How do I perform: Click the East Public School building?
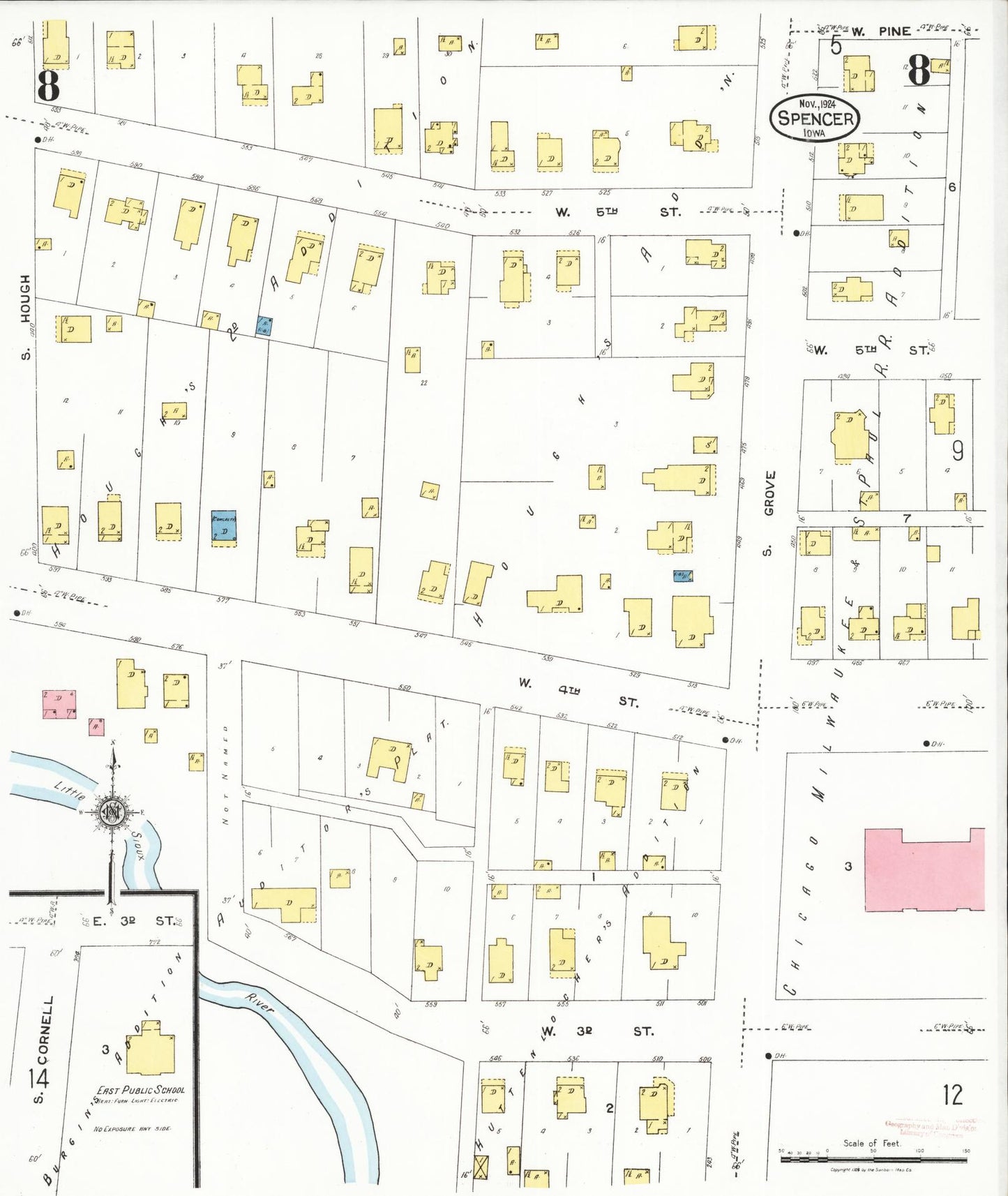coord(150,1047)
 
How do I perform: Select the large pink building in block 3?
coord(924,870)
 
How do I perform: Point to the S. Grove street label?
coord(768,513)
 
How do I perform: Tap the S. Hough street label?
coord(26,317)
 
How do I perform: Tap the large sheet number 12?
coord(952,1094)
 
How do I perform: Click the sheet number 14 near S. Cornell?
coord(38,1079)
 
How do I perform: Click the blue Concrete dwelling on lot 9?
coord(224,526)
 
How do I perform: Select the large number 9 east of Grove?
coord(958,451)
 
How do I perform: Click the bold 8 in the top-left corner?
coord(48,86)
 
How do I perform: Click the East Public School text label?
coord(140,1090)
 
